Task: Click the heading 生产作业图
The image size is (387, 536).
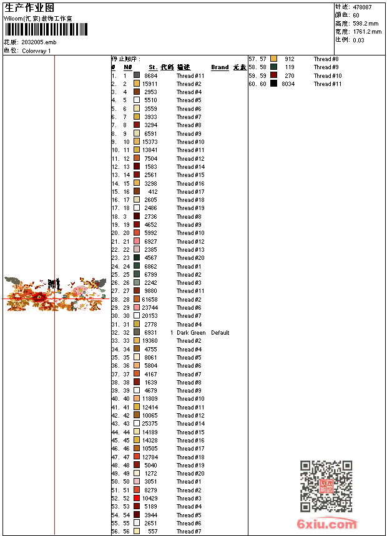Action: coord(29,7)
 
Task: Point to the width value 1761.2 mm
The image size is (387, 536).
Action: coord(367,32)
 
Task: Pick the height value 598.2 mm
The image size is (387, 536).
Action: coord(366,24)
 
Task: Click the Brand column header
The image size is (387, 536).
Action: coord(220,67)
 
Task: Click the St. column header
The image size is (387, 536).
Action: coord(153,67)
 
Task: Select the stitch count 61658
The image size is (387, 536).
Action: coord(150,300)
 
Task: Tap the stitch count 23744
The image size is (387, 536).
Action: coord(150,308)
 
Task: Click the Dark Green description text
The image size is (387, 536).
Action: coord(191,333)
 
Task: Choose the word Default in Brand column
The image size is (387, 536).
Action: coord(220,333)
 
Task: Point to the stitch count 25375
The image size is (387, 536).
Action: coord(150,424)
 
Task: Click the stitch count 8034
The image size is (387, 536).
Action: coord(288,84)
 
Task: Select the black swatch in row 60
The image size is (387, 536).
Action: coord(273,84)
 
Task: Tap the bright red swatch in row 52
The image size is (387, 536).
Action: coord(137,499)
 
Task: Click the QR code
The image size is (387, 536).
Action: coord(326,486)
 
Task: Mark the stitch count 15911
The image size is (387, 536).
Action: coord(150,84)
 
